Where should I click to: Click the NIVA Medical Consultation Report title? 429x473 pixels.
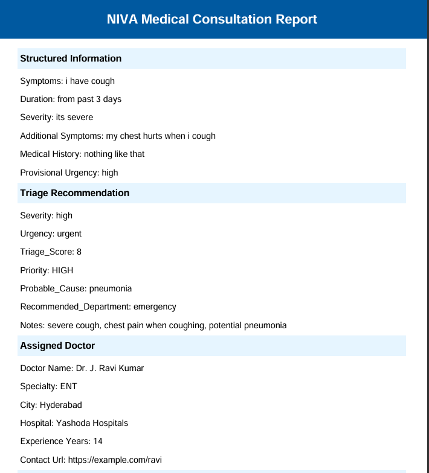pos(211,19)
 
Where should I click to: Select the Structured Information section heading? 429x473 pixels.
pos(71,59)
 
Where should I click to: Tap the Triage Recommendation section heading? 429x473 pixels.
pos(74,193)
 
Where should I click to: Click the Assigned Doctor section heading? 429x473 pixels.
pos(57,346)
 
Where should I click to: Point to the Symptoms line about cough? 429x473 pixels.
pos(67,81)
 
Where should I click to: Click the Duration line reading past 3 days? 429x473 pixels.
pos(71,99)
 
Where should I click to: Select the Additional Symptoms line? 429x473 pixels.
pos(117,136)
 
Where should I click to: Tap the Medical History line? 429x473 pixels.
pos(82,154)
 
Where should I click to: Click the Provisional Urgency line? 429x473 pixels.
pos(69,173)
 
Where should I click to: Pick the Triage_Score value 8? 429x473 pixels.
pos(79,252)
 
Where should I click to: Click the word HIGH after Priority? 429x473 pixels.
pos(63,270)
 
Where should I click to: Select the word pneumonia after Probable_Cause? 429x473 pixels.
pos(111,288)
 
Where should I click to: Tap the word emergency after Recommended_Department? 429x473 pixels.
pos(155,306)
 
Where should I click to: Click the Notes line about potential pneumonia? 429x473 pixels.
pos(153,325)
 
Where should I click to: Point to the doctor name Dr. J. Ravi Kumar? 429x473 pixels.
pos(109,368)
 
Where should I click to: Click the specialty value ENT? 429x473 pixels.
pos(69,386)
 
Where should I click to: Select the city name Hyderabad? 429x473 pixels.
pos(61,405)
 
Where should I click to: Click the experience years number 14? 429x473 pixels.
pos(98,441)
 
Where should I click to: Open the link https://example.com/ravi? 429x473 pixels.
pos(115,460)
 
